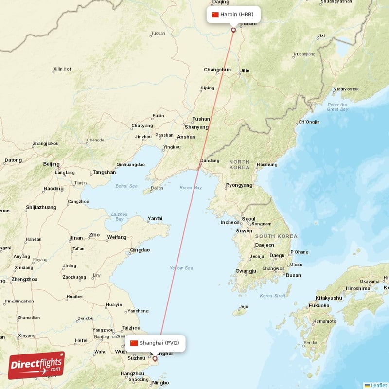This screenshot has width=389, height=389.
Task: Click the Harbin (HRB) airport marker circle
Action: [x=233, y=30]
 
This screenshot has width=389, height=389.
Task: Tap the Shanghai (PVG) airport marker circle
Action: [x=155, y=359]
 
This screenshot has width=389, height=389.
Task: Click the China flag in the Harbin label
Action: [x=215, y=14]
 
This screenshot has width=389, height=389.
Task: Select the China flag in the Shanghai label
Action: [x=134, y=343]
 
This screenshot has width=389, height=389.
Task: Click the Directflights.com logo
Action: [x=36, y=365]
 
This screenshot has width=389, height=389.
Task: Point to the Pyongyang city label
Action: [x=239, y=185]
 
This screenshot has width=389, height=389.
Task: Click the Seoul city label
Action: [x=248, y=219]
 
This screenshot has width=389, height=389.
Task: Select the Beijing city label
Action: [x=51, y=164]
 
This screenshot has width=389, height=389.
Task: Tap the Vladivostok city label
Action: [x=346, y=89]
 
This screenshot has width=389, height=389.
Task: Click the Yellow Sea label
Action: [x=181, y=268]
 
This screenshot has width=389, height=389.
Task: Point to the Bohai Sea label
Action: [x=126, y=186]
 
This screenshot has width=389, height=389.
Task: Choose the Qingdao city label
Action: [x=140, y=250]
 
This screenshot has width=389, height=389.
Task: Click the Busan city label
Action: [x=293, y=275]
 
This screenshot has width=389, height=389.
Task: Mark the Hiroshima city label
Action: [x=358, y=288]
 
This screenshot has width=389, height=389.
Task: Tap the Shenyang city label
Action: [x=196, y=127]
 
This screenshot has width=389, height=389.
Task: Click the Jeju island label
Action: [x=243, y=307]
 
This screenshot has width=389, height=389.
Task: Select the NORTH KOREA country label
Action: [x=239, y=164]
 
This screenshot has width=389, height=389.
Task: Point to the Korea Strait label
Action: [x=273, y=296]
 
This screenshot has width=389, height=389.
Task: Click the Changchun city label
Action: [x=217, y=70]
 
